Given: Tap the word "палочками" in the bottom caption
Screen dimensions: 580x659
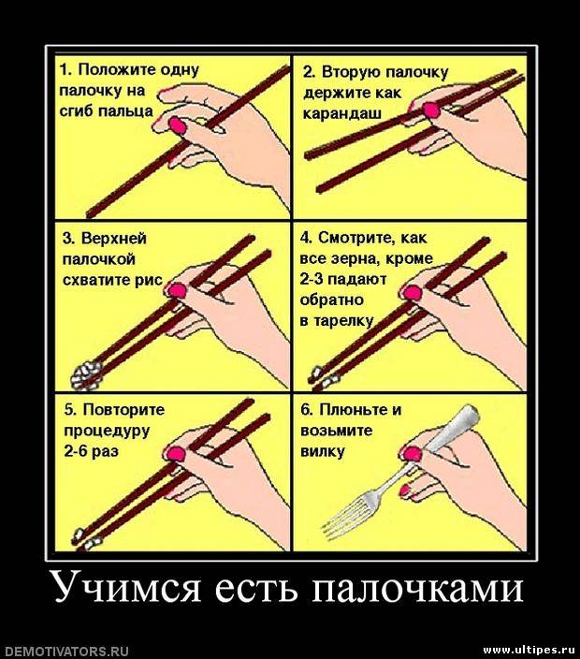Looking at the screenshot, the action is (418, 587).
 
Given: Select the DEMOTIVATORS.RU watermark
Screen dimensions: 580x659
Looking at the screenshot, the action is (65, 652).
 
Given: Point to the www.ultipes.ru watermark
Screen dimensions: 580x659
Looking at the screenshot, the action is (530, 651).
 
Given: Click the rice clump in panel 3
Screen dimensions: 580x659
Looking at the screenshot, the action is (86, 374).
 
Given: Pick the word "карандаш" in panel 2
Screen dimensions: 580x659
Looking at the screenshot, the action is (342, 114).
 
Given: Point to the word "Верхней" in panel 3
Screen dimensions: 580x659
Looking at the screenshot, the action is (114, 239).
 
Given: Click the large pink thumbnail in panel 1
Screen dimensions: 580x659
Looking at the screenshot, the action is (177, 125).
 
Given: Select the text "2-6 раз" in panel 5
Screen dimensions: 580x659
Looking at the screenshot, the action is (91, 451).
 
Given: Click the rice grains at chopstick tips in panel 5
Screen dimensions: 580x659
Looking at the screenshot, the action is (86, 539).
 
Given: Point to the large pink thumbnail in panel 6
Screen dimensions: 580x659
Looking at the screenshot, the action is (412, 454).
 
